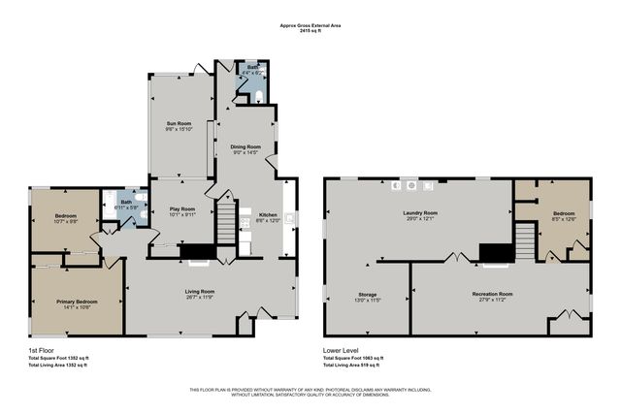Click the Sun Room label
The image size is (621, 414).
[178, 124]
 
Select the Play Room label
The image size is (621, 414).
[182, 208]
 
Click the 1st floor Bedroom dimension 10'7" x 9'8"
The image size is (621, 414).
[64, 221]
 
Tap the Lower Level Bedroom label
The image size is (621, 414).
[563, 212]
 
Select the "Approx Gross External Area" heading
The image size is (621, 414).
[310, 25]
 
